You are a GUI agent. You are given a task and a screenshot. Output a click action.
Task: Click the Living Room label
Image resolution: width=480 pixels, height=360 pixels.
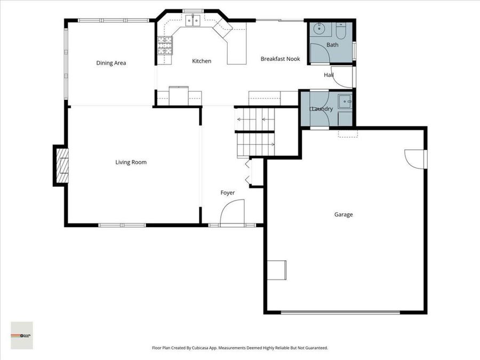[x=131, y=162]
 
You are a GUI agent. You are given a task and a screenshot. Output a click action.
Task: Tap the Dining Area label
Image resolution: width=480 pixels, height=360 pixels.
[x=111, y=63]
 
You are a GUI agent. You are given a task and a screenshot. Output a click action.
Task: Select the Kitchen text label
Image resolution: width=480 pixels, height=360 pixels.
[x=202, y=61]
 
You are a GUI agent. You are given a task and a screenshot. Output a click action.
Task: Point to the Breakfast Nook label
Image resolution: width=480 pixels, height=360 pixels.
[x=280, y=59]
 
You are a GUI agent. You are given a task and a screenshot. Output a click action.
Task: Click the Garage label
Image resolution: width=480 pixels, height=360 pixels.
[x=343, y=214]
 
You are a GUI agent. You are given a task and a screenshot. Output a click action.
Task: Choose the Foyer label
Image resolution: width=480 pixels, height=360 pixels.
[x=228, y=193]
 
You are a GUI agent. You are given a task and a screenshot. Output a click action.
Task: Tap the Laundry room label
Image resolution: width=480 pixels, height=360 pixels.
[x=323, y=109]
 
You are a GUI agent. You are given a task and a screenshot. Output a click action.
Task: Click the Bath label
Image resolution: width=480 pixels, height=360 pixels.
[x=332, y=45]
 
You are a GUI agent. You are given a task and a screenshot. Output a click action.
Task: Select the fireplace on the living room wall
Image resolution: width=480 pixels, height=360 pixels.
[x=62, y=165]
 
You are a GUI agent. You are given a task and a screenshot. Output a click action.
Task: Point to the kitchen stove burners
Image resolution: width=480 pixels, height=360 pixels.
[x=165, y=46]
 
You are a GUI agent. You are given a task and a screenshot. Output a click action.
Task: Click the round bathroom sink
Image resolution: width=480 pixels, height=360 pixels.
[x=320, y=29]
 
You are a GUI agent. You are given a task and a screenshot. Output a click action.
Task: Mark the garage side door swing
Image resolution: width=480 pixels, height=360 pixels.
[x=415, y=158]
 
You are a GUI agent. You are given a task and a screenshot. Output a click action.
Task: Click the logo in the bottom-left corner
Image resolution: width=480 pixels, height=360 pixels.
[x=21, y=335]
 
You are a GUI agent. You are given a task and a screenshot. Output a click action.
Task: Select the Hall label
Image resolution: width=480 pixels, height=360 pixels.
[x=329, y=75]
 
